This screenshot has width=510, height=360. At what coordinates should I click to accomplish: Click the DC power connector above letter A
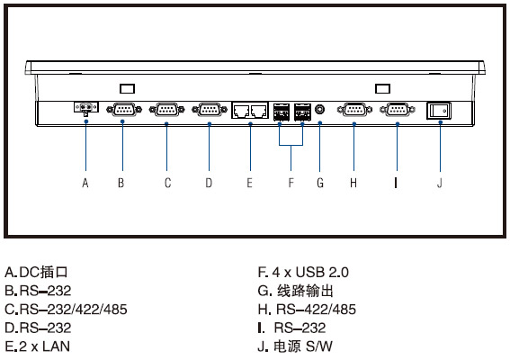pos(86,108)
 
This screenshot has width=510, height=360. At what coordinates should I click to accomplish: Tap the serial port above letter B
pos(124,110)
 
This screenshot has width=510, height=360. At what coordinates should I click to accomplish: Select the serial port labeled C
pos(166,110)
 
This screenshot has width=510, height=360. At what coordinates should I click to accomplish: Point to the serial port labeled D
pos(210,110)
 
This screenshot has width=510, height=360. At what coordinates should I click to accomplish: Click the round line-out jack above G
pos(320,109)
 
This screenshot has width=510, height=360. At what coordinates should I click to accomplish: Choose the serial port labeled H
pos(354,110)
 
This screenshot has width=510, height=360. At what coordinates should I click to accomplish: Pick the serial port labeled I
pos(398,110)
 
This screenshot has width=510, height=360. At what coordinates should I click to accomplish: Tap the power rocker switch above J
pos(439,111)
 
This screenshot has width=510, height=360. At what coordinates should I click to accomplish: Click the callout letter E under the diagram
pos(249,183)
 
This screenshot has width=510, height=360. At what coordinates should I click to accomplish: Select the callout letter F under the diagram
pos(291,183)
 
